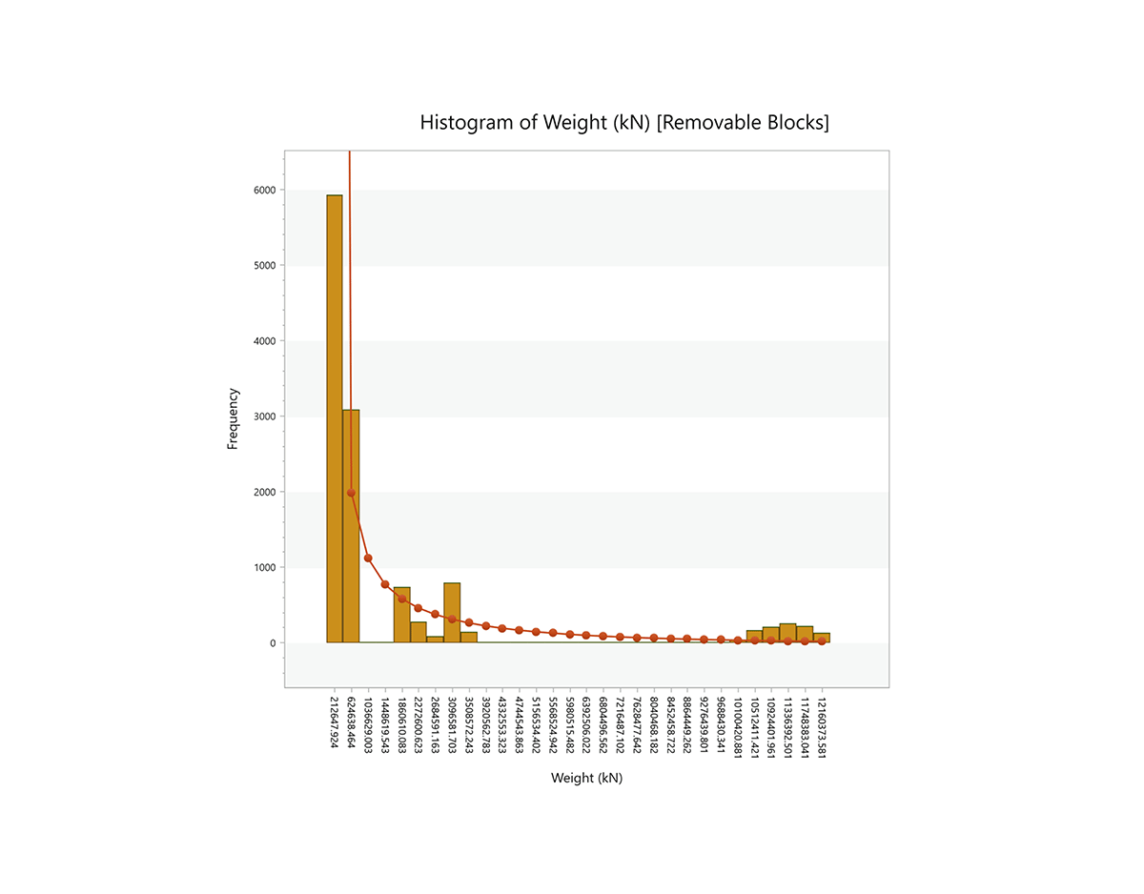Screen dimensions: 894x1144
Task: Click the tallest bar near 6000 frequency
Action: pos(335,419)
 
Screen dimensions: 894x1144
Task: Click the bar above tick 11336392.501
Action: pos(787,634)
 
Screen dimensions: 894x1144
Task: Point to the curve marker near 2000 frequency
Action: pos(351,493)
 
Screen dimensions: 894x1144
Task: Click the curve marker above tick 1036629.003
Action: pos(368,559)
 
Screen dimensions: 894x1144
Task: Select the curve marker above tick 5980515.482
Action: pos(569,635)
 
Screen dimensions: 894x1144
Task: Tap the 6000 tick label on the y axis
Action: pos(264,190)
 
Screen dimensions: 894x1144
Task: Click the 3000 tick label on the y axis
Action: pos(264,417)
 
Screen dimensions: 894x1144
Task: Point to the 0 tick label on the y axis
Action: pos(272,643)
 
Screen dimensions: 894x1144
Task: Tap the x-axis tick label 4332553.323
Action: pos(502,726)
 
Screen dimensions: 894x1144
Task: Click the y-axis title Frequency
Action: pos(233,418)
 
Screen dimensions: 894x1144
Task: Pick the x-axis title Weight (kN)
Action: pos(586,778)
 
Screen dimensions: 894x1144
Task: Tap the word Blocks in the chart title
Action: pos(800,123)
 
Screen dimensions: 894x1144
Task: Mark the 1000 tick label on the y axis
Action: pos(264,568)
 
